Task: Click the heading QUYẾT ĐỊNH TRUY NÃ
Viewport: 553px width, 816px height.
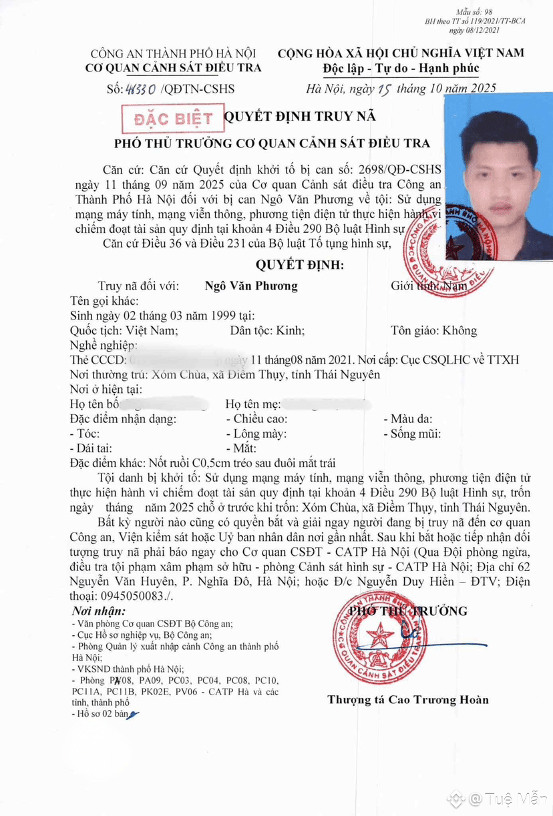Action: [299, 117]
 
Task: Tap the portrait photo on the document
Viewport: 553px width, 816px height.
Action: [499, 177]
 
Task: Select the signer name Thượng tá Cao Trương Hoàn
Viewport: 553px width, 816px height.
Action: [407, 700]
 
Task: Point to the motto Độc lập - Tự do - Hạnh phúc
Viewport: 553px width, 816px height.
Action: [401, 68]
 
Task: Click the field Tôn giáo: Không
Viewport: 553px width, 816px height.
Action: [434, 330]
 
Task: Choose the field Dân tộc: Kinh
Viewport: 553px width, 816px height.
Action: [267, 330]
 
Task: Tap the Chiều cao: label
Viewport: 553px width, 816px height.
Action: [257, 419]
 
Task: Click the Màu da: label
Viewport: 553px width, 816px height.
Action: [409, 419]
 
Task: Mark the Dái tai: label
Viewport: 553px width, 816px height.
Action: [92, 448]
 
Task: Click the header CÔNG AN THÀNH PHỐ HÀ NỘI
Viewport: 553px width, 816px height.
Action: [174, 54]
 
